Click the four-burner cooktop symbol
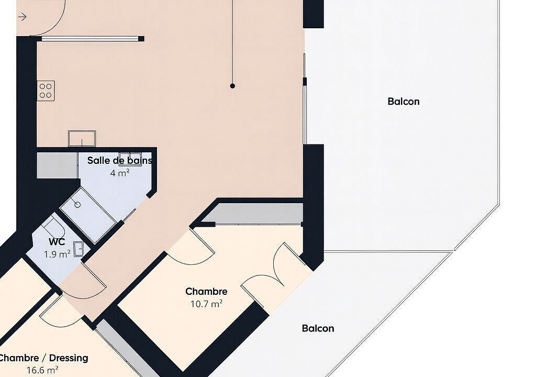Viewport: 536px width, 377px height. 46,91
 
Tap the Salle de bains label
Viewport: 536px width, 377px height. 120,160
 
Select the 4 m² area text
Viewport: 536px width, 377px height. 120,173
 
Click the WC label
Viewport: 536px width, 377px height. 57,242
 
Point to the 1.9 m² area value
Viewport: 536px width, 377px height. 57,254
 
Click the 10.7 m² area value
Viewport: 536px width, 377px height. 206,304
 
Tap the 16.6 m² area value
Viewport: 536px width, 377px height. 42,370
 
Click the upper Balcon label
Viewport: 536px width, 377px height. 404,101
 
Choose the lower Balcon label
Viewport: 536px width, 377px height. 318,328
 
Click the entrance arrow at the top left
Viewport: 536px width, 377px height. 22,16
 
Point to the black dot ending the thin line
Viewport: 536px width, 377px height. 232,86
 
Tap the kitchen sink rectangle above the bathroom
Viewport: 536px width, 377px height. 82,138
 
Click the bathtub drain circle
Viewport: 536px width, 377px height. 77,205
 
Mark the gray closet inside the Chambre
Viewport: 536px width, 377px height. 253,214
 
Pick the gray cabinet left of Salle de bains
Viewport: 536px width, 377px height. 57,165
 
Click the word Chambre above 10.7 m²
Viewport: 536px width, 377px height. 206,291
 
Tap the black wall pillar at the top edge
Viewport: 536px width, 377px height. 314,14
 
